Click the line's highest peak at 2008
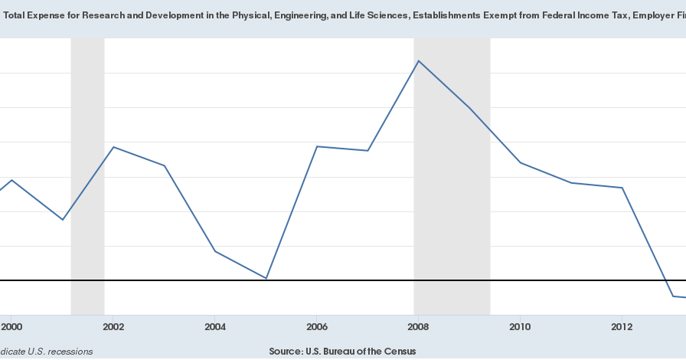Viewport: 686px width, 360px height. [x=419, y=61]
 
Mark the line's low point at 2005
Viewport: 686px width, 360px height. [x=266, y=278]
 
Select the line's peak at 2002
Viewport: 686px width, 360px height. [x=113, y=147]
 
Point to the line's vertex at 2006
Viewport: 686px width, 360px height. [x=317, y=146]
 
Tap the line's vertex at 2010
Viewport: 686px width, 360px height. [x=521, y=163]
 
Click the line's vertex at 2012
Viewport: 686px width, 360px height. [x=622, y=188]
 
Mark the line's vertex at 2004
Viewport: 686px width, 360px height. [x=215, y=251]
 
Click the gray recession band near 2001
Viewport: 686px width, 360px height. [x=87, y=176]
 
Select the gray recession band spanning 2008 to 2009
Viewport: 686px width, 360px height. [x=452, y=176]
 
